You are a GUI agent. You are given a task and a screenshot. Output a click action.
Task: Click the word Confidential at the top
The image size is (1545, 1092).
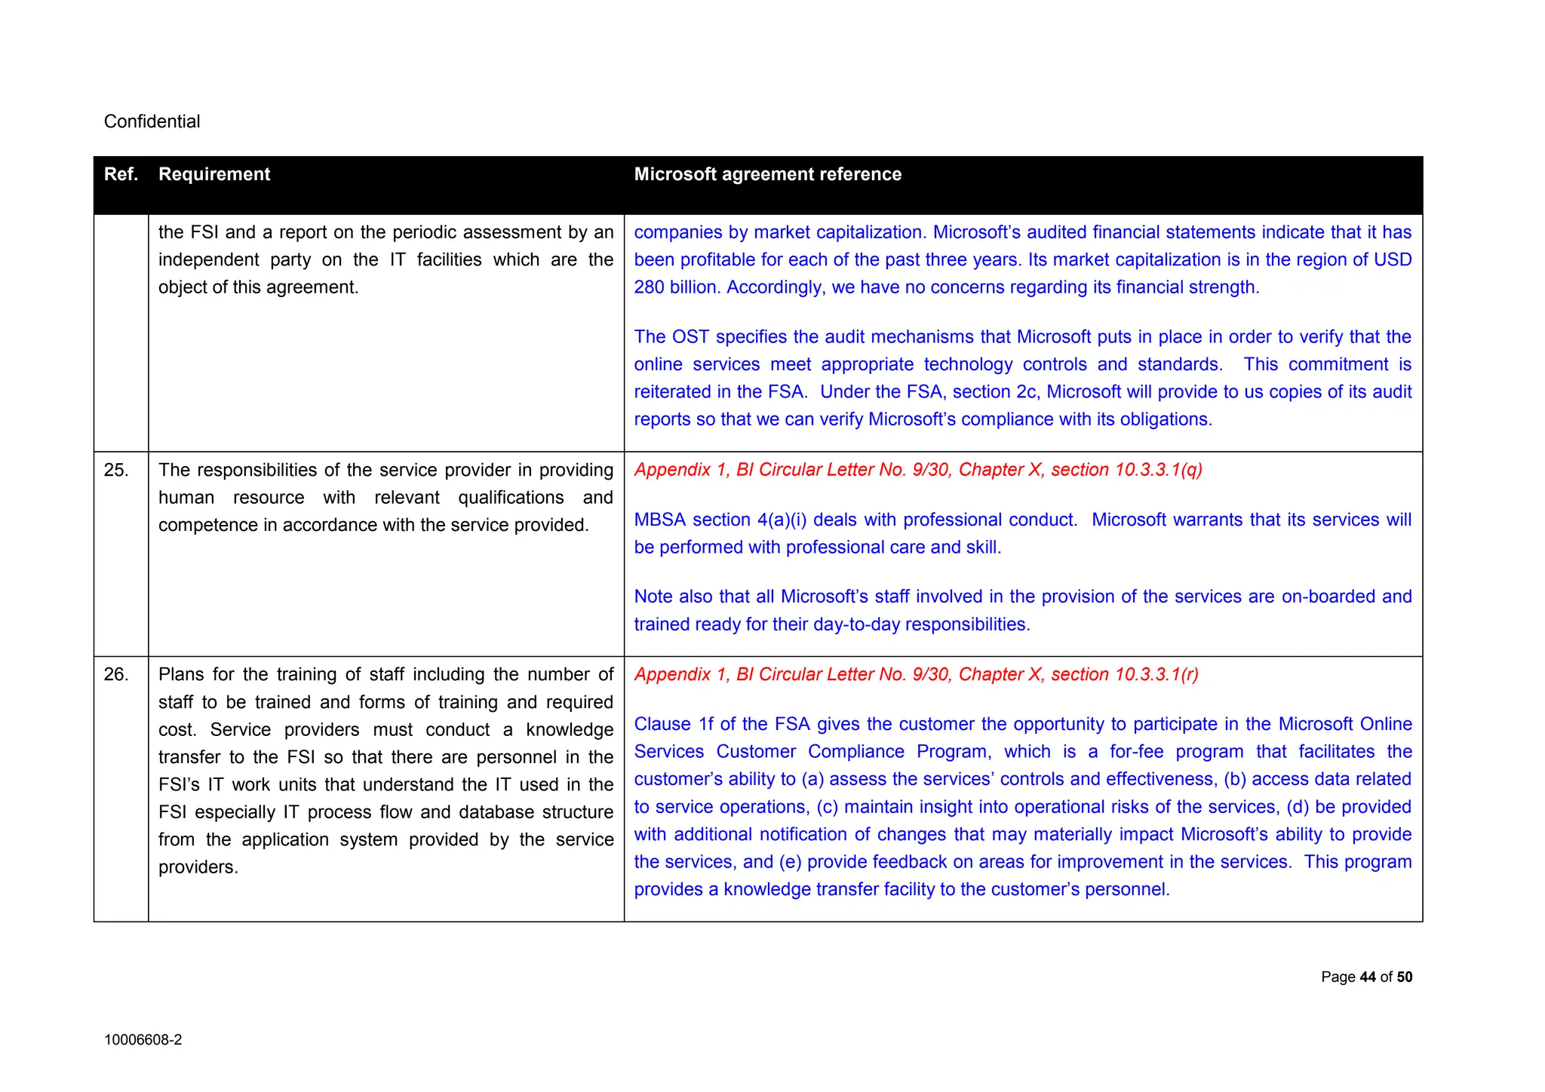[x=152, y=121]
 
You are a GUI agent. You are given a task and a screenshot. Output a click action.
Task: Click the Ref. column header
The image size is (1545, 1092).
[x=121, y=174]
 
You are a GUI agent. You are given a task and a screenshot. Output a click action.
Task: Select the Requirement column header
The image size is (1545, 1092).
[x=214, y=174]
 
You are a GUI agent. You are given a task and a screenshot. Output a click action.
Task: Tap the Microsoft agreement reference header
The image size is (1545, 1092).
[x=767, y=174]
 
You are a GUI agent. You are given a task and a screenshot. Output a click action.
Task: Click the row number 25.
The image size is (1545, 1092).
[x=115, y=470]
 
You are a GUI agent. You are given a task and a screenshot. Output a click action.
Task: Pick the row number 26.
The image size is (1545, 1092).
[x=115, y=674]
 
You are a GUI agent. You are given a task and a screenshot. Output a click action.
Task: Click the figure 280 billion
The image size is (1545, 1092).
[x=675, y=287]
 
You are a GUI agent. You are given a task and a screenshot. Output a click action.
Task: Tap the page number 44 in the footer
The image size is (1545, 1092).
[x=1368, y=977]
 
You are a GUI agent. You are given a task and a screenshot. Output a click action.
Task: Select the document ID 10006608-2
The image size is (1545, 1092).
[x=143, y=1040]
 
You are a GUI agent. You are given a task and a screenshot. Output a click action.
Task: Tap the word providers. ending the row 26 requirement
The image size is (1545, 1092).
[x=198, y=867]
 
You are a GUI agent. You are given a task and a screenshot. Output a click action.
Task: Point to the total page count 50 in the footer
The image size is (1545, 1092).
[x=1404, y=977]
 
